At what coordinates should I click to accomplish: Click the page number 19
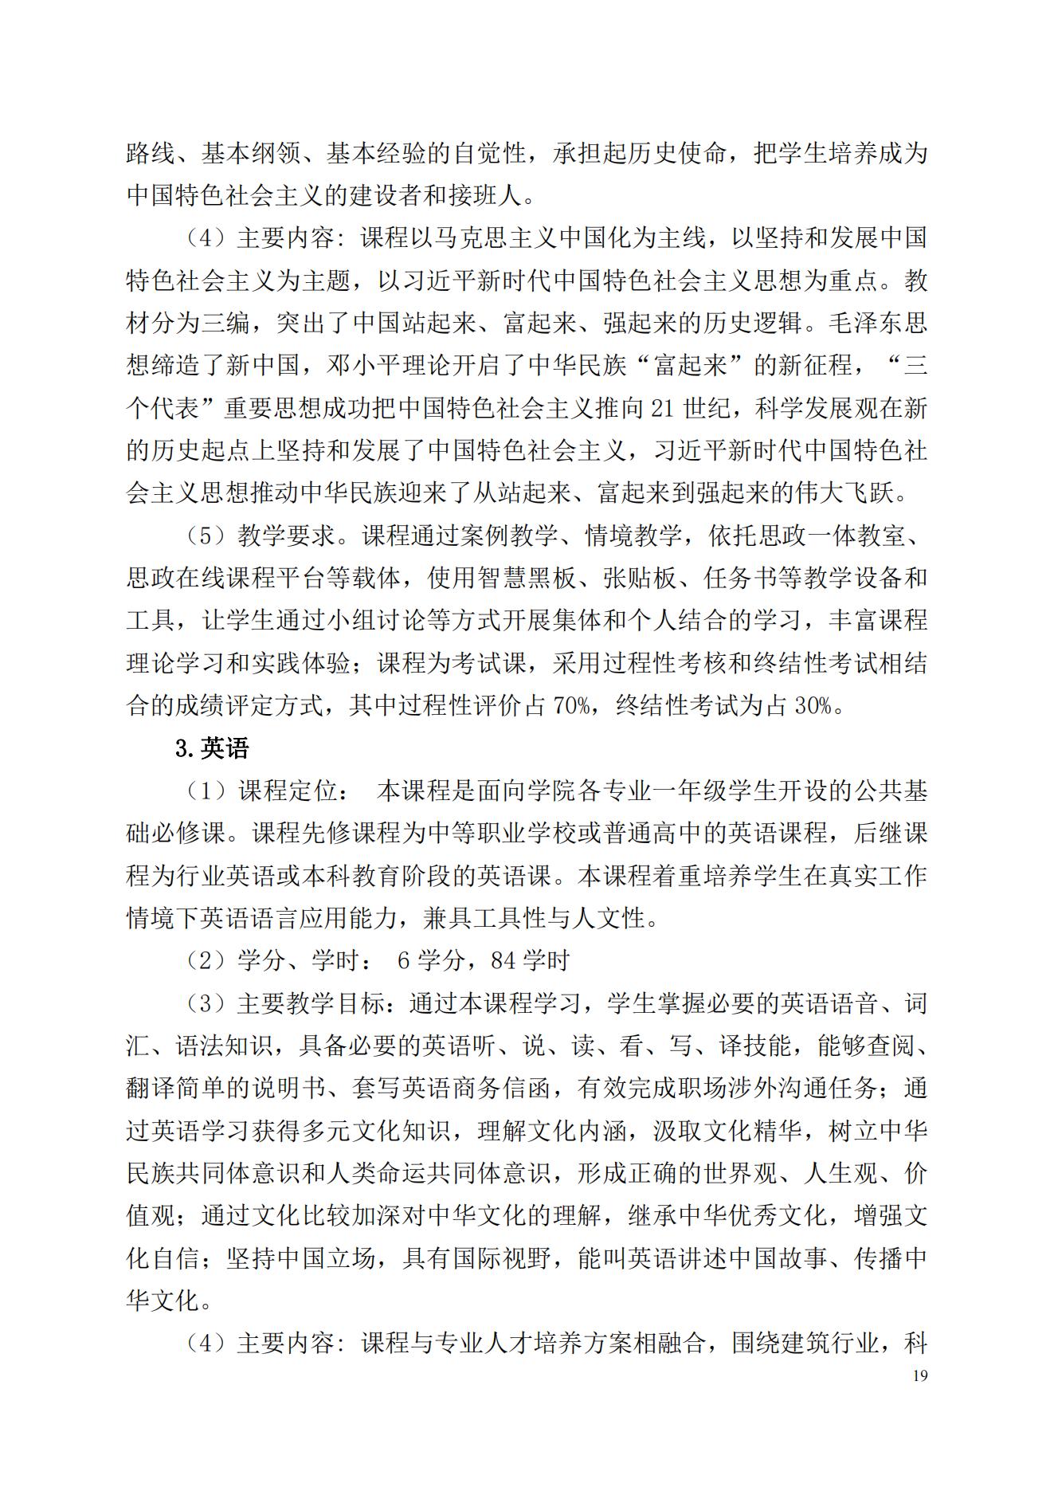click(920, 1375)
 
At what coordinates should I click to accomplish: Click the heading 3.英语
click(212, 748)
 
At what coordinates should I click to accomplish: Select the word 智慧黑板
click(526, 578)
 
